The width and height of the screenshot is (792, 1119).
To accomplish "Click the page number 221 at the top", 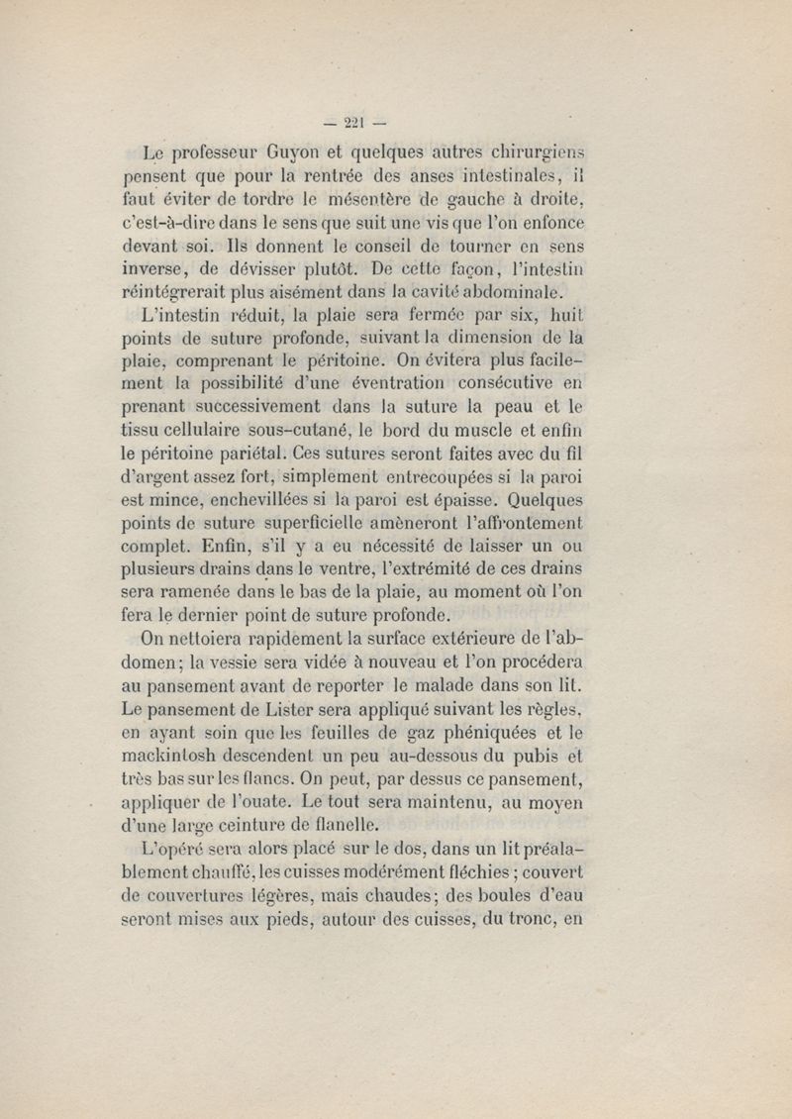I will tap(353, 123).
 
